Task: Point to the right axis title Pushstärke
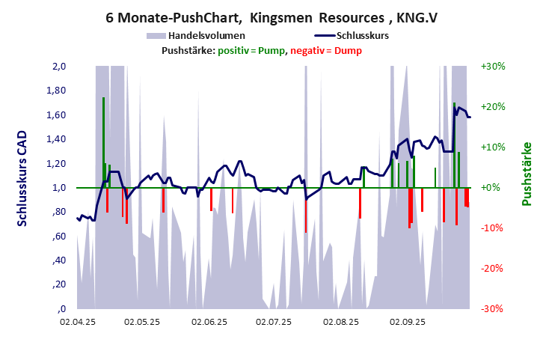tap(527, 174)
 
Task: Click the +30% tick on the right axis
tap(494, 67)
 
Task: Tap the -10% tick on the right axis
tap(494, 228)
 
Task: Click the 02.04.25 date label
tap(78, 323)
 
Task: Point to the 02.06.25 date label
tap(209, 323)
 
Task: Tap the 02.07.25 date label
tap(274, 323)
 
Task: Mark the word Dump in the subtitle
tap(347, 51)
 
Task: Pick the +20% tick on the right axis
tap(494, 107)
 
